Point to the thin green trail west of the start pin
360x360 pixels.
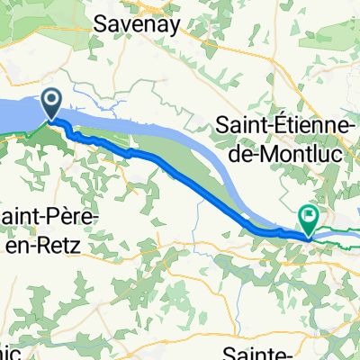click(x=13, y=137)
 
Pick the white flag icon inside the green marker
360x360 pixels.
click(x=309, y=215)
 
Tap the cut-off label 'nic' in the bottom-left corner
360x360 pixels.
click(x=11, y=352)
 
